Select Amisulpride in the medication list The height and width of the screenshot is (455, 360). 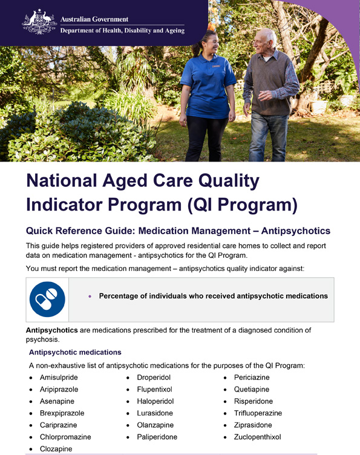pyautogui.click(x=59, y=378)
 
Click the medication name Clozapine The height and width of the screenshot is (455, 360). pyautogui.click(x=56, y=449)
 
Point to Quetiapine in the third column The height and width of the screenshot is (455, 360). pyautogui.click(x=251, y=389)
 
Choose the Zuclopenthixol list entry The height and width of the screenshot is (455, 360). pyautogui.click(x=257, y=437)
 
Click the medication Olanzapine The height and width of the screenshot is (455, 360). pyautogui.click(x=155, y=425)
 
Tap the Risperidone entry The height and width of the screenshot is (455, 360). pyautogui.click(x=253, y=401)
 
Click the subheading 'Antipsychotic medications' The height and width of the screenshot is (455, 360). pyautogui.click(x=75, y=352)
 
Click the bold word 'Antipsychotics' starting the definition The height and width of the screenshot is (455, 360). pyautogui.click(x=51, y=330)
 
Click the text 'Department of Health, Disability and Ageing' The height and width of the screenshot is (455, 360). pyautogui.click(x=123, y=31)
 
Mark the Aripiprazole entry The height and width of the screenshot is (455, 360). pyautogui.click(x=59, y=389)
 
